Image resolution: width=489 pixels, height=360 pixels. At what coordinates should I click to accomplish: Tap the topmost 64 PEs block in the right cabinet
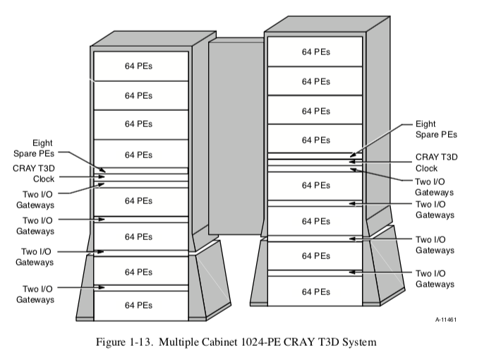point(315,52)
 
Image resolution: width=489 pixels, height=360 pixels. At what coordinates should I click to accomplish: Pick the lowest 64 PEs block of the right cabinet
point(315,291)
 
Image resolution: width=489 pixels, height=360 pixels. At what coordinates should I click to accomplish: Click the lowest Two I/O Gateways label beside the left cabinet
point(37,294)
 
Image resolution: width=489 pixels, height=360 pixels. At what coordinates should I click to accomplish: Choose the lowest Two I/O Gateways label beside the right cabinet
point(434,278)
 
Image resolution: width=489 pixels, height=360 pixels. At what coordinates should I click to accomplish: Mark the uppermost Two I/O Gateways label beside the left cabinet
point(37,198)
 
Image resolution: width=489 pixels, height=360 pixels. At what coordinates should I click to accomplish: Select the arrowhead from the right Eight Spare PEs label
point(352,153)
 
